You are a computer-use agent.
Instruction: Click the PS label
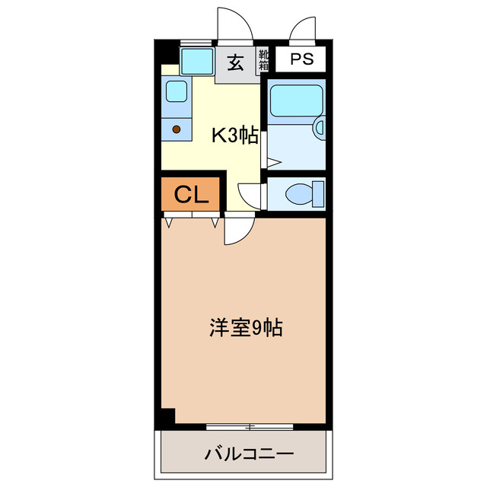click(300, 59)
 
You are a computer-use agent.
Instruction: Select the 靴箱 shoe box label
click(263, 59)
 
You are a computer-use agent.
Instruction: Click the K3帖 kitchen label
click(234, 135)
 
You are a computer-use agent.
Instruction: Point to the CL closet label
click(191, 196)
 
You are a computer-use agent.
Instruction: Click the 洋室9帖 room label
click(245, 329)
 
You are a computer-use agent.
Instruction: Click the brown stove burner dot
click(177, 129)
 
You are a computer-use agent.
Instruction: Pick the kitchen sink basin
click(176, 91)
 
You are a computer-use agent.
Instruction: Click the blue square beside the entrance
click(196, 59)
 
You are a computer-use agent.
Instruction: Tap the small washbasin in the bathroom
click(320, 127)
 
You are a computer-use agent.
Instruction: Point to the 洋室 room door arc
click(237, 231)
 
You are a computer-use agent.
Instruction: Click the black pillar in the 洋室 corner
click(167, 417)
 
